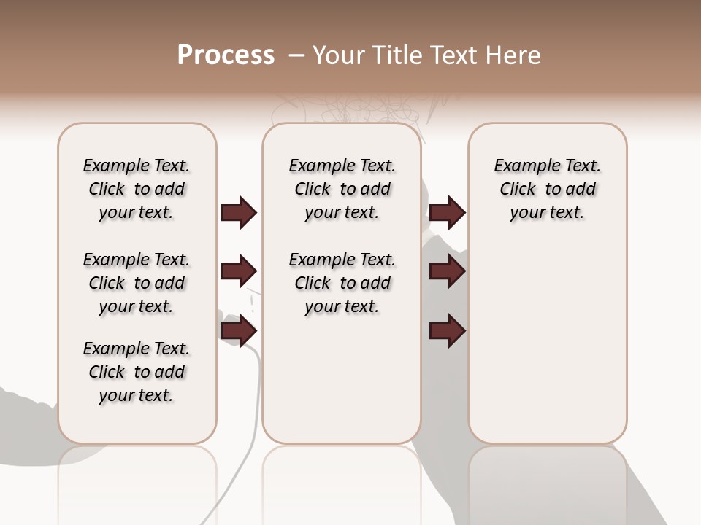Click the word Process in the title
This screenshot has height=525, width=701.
[226, 55]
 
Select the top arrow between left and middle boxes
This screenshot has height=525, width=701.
[239, 213]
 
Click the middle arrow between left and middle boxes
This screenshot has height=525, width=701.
[239, 272]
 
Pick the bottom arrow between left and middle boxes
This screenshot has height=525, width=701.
[239, 331]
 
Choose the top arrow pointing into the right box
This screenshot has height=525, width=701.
[447, 213]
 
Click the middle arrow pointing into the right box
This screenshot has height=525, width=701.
[447, 272]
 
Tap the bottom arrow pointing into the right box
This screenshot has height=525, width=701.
[447, 331]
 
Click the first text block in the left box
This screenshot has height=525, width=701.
[137, 189]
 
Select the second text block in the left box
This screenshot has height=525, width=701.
[137, 283]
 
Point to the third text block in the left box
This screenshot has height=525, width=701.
[137, 372]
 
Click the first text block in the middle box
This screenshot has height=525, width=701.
[342, 189]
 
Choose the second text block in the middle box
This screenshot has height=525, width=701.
[342, 283]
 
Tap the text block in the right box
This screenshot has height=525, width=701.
[547, 189]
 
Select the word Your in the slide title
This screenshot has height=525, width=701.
[338, 55]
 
